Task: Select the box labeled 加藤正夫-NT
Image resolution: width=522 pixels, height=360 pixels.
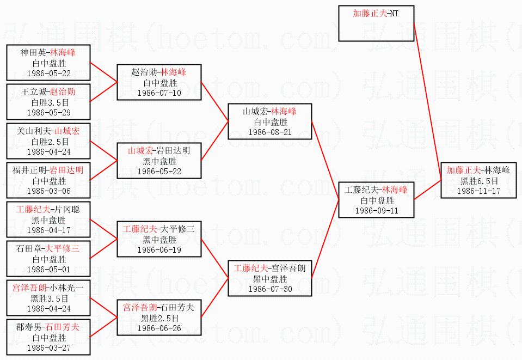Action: click(376, 23)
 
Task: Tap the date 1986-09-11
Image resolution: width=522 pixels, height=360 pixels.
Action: click(377, 210)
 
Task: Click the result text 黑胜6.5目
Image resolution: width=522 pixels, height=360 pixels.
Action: click(478, 180)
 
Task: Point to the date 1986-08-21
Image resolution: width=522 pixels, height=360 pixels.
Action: click(270, 132)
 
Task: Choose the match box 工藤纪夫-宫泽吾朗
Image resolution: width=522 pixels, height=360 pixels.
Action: click(270, 278)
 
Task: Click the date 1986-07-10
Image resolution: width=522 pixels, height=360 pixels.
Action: click(159, 93)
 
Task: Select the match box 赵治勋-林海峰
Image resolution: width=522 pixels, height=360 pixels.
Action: click(159, 82)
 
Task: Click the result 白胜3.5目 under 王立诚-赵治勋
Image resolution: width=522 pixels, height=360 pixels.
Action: click(48, 102)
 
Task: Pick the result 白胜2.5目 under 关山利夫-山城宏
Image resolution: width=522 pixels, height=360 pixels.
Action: click(48, 141)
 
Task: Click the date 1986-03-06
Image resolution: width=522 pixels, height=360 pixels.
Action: click(48, 191)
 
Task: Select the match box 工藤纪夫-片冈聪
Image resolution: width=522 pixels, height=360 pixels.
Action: click(48, 219)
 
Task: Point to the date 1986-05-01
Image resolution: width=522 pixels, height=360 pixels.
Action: click(48, 269)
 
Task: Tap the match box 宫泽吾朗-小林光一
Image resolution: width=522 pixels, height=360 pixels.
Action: click(48, 298)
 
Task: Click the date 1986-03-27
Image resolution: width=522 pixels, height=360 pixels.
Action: click(48, 347)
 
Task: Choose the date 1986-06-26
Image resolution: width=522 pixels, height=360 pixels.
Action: click(159, 328)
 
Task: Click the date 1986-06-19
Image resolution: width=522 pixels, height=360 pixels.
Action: click(159, 249)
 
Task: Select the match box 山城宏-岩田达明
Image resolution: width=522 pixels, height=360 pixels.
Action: click(159, 161)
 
